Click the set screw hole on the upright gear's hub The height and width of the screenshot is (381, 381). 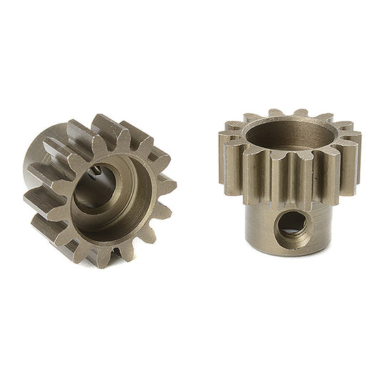[290, 224]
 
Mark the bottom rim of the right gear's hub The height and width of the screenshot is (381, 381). [290, 259]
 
